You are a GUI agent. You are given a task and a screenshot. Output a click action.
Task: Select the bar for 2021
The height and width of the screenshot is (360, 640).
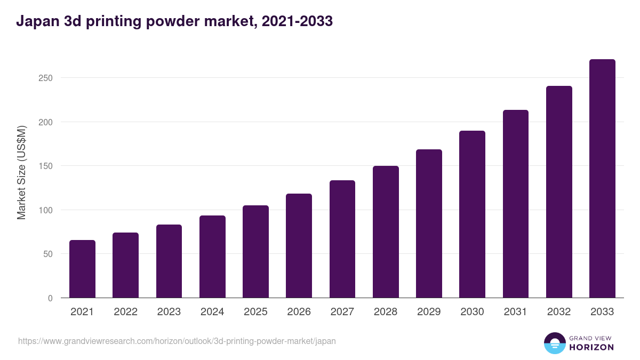click(82, 269)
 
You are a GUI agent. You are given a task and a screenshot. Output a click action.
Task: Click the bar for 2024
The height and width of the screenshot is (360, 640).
click(212, 257)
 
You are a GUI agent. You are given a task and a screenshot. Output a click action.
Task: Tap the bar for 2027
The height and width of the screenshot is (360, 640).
click(342, 239)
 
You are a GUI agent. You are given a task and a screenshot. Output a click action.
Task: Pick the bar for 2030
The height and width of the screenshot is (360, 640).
click(472, 214)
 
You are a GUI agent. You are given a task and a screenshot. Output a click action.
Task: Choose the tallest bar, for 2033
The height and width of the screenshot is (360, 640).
click(602, 178)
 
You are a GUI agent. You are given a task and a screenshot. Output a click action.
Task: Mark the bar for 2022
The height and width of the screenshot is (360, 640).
click(125, 265)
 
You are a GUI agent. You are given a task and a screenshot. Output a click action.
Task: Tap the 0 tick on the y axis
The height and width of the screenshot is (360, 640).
click(50, 298)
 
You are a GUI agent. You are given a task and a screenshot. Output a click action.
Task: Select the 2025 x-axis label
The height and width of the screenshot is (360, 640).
click(255, 312)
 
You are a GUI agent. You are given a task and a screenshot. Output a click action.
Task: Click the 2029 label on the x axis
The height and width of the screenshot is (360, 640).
click(429, 312)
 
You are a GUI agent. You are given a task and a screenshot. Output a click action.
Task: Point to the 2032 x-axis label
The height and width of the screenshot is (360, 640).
click(559, 312)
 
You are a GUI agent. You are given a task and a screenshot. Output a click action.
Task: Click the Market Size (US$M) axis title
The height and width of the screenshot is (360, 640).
click(21, 173)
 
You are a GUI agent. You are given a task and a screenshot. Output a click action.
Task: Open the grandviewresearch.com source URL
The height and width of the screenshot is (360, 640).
click(177, 341)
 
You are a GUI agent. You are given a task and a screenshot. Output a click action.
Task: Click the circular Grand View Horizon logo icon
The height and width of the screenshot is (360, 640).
click(555, 343)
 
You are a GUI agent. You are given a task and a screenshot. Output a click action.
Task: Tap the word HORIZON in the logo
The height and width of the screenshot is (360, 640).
click(591, 347)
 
